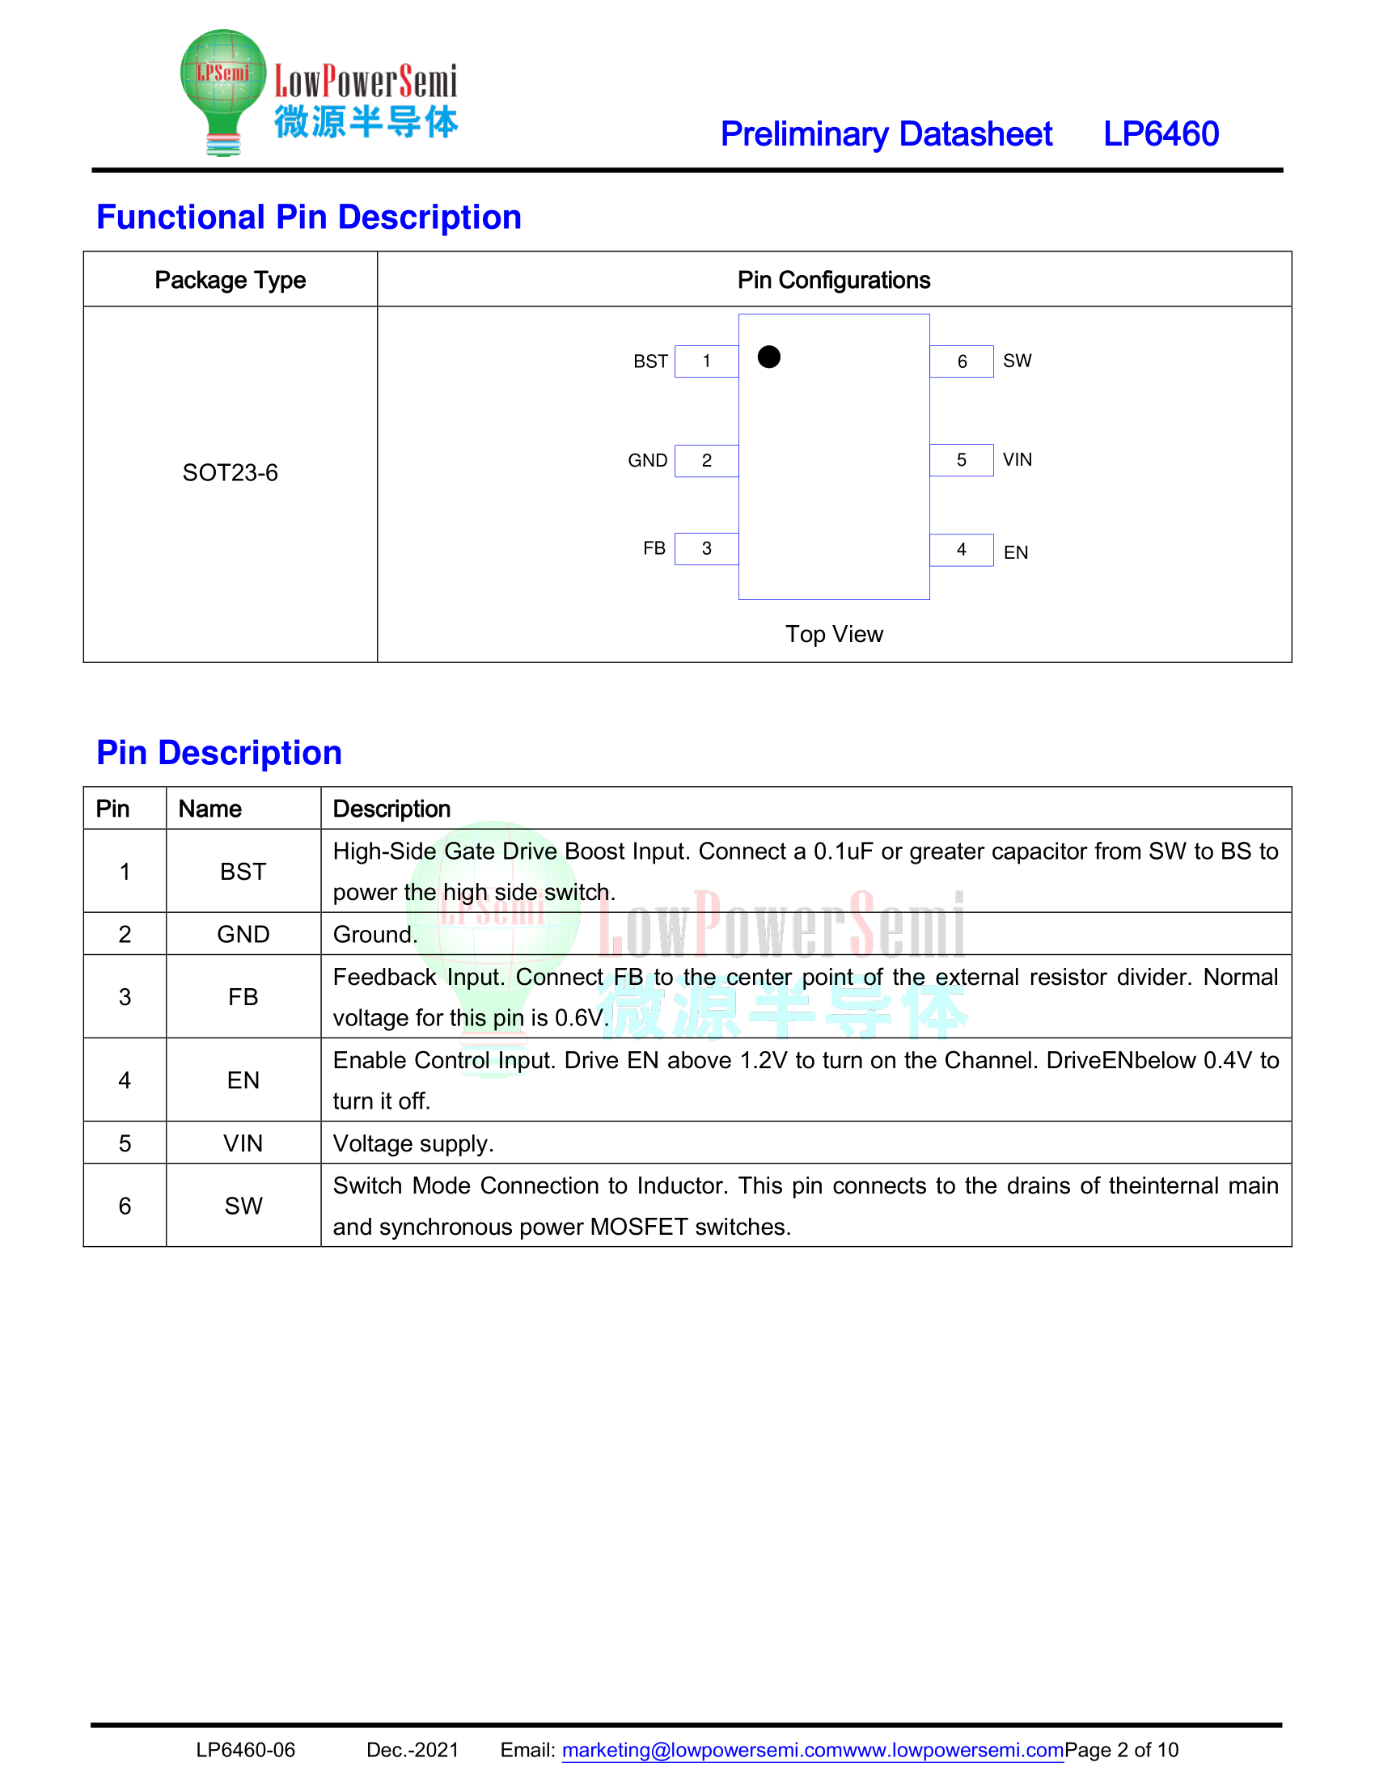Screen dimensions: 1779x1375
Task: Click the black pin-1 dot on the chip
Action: [x=768, y=357]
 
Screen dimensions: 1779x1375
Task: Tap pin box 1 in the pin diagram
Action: [x=706, y=361]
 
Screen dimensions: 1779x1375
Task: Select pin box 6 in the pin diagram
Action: [x=961, y=361]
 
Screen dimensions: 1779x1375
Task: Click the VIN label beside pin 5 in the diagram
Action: [x=1017, y=459]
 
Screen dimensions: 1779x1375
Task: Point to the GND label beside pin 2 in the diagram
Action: [x=647, y=460]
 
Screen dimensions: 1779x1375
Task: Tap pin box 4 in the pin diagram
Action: [x=961, y=550]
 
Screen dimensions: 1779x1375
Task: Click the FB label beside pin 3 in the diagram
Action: [x=654, y=548]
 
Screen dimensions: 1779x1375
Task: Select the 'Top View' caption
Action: [x=833, y=634]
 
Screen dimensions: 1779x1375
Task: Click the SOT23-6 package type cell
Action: [x=230, y=472]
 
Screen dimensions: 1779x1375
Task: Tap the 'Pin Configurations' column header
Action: [x=833, y=280]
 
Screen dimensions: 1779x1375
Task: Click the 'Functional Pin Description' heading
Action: [x=309, y=217]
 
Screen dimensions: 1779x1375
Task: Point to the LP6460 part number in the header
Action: [x=1160, y=133]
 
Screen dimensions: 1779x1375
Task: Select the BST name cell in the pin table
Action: [x=243, y=871]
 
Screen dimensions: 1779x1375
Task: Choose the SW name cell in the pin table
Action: [x=243, y=1206]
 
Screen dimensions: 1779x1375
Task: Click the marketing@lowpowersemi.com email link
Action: [x=701, y=1750]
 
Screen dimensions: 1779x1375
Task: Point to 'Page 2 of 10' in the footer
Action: [x=1121, y=1750]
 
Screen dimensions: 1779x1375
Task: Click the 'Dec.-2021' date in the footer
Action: [x=412, y=1750]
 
